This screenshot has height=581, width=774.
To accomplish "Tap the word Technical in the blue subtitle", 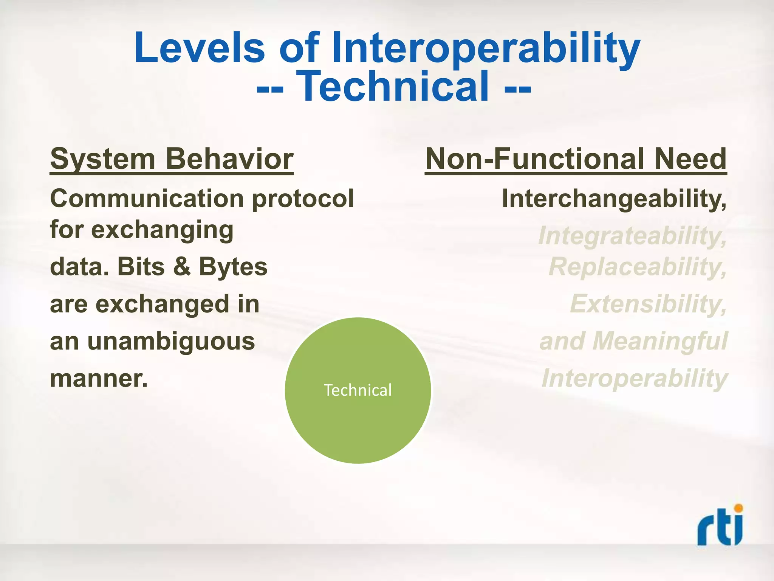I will click(393, 87).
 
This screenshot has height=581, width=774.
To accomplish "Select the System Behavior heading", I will click(172, 159).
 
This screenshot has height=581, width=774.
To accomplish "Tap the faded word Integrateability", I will click(632, 236).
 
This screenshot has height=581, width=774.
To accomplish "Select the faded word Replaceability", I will click(637, 267).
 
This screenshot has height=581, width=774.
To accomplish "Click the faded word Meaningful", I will click(660, 341).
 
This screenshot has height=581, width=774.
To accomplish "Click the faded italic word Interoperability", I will click(634, 378).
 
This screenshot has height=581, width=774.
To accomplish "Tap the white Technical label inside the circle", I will click(358, 390).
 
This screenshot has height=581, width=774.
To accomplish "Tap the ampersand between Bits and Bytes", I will click(182, 266).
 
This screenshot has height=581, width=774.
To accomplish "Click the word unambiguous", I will click(171, 342).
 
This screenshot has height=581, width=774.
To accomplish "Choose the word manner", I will click(98, 379).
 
